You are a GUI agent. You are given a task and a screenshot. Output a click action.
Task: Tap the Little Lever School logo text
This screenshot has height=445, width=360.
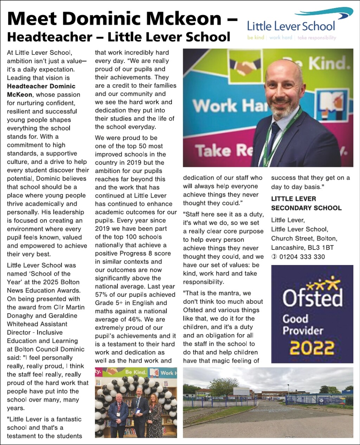(x=291, y=26)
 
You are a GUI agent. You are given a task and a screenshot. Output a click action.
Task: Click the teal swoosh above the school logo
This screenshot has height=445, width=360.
(x=323, y=13)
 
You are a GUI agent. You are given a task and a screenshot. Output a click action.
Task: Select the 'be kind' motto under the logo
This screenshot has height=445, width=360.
(x=256, y=38)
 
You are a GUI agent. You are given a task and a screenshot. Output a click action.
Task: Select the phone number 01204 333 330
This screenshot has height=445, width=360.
(x=302, y=257)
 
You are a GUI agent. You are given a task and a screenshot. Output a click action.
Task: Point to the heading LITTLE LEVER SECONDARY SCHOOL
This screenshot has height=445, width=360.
(x=306, y=203)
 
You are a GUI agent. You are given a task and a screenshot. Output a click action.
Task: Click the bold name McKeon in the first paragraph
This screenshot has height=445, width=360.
(x=20, y=95)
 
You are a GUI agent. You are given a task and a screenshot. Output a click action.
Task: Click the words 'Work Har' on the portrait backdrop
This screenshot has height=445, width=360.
(x=230, y=105)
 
